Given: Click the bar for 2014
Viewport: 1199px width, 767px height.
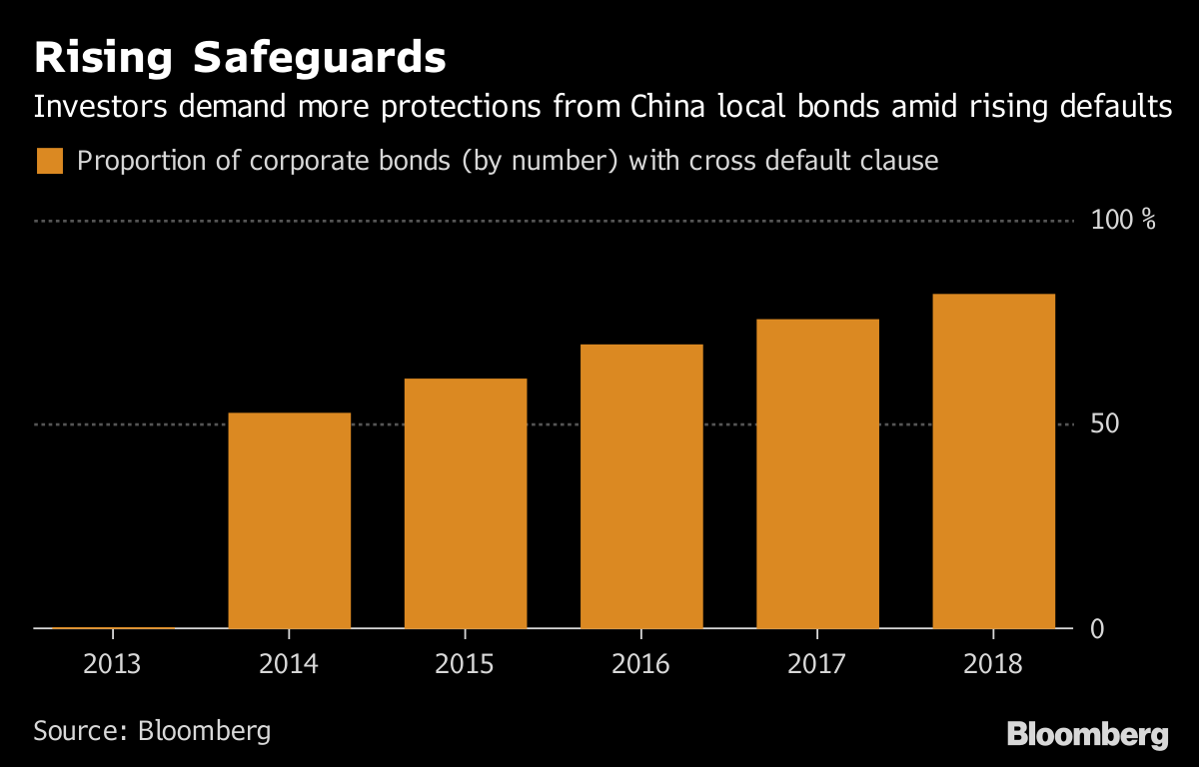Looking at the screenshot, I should pos(290,520).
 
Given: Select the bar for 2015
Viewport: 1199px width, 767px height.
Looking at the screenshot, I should pos(466,503).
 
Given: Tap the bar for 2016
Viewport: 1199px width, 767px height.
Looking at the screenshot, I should pos(641,486).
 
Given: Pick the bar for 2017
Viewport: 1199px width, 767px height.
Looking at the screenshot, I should pos(817,473).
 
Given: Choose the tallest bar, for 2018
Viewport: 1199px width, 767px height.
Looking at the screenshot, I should pos(993,461).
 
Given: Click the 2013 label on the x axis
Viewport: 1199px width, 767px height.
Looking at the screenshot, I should pos(113,664).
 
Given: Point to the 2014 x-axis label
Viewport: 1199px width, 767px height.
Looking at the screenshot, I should pos(290,664).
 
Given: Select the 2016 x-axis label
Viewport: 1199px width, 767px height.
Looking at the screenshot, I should pos(641,664).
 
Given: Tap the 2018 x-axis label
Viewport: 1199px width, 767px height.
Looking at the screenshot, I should pos(993,664).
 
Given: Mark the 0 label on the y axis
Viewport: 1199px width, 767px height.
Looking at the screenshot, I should pos(1097,628).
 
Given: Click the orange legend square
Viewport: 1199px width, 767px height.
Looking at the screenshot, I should pos(50,161).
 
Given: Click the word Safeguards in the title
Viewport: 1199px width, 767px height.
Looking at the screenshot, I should pos(319,59).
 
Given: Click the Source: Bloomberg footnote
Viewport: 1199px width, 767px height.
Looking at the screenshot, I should pos(152,730).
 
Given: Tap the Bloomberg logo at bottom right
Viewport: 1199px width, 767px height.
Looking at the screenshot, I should pos(1087,735).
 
